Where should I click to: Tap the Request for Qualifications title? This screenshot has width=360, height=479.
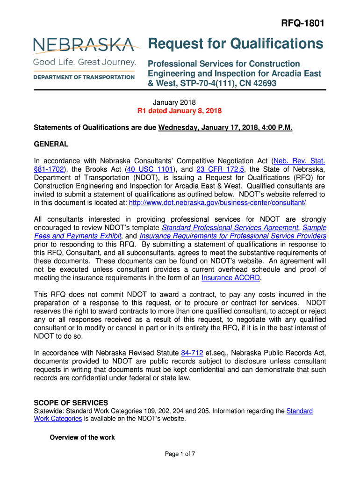click(x=235, y=44)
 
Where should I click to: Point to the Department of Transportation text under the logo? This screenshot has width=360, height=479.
click(x=84, y=77)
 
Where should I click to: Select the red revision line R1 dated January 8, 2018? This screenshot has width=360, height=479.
click(x=179, y=111)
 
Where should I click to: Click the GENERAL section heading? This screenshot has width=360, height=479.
click(x=51, y=144)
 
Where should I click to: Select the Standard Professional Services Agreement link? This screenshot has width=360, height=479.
click(x=230, y=227)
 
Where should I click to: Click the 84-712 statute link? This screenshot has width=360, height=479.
click(x=192, y=352)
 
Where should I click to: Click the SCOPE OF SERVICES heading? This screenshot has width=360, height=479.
click(x=71, y=403)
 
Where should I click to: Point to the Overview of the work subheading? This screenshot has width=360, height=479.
click(x=82, y=437)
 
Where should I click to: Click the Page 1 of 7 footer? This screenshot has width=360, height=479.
click(x=180, y=454)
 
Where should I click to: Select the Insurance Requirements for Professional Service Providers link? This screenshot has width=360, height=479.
click(x=233, y=236)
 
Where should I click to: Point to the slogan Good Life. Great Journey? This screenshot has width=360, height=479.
click(x=84, y=62)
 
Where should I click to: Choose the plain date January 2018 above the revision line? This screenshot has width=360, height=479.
click(x=174, y=102)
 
